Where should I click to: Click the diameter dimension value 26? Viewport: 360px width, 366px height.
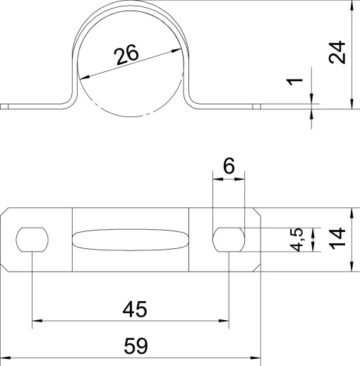(x=127, y=55)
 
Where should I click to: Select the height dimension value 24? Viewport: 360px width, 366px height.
(x=338, y=53)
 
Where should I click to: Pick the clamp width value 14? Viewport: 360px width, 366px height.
(x=338, y=240)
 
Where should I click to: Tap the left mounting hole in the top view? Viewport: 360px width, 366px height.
(x=32, y=240)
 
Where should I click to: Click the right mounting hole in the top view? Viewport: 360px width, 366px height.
(x=229, y=240)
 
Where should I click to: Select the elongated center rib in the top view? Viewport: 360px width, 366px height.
(x=131, y=240)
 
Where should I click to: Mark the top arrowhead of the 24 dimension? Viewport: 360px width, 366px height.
(x=351, y=6)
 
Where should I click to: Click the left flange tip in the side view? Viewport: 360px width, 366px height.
(x=5, y=107)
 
